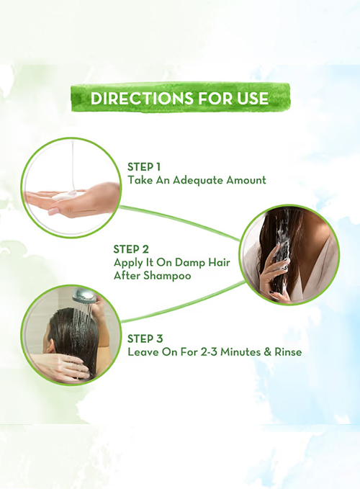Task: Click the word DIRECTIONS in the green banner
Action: click(143, 99)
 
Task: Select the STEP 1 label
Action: click(144, 167)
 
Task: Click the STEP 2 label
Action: click(131, 249)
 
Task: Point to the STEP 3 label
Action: click(145, 338)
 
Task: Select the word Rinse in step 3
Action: click(288, 352)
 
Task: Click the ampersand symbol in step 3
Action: click(267, 352)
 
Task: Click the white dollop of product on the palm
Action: click(65, 197)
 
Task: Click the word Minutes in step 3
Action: click(243, 352)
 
